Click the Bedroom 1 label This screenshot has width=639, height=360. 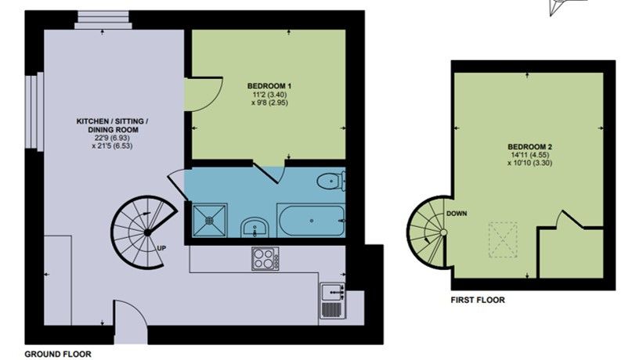point(269,86)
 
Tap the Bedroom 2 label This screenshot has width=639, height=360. point(530,146)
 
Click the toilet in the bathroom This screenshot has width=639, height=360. point(331,181)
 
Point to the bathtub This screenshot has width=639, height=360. point(311,221)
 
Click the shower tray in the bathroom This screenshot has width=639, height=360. point(209,220)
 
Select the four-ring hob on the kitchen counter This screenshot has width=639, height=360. point(265,258)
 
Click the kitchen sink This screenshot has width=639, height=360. point(333,292)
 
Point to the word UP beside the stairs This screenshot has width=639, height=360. point(161,248)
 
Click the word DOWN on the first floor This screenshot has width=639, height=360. point(457,214)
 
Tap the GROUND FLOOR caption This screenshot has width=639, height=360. point(58,354)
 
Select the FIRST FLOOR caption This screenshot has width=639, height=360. point(478,301)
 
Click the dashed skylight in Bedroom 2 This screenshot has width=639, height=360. point(503,239)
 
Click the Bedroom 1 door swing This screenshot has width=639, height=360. point(203,94)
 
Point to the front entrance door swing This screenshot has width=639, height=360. point(131,319)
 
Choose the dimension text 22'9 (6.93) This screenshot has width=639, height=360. point(113,138)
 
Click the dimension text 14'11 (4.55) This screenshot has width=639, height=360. point(530,155)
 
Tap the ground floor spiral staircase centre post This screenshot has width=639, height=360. point(146,232)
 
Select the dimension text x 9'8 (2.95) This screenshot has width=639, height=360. point(269,103)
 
